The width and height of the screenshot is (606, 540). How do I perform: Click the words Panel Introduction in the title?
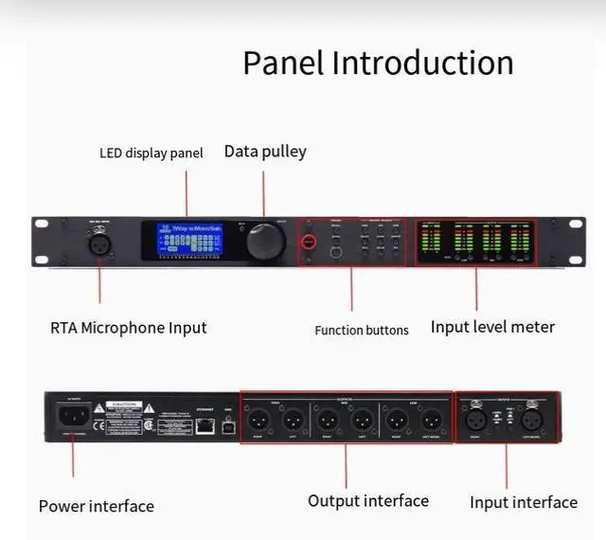pos(378,63)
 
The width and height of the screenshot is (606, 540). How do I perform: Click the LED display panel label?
pos(151,153)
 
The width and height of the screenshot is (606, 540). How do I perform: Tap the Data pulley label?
pos(265,152)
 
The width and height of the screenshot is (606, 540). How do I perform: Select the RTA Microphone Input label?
pos(129,328)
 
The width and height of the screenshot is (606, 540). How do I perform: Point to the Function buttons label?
pos(362,331)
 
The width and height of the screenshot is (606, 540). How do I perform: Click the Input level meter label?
pos(492,327)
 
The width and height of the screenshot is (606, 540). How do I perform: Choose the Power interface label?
pos(97,506)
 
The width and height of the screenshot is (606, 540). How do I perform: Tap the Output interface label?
pos(368,500)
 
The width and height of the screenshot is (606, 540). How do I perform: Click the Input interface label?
pos(524,502)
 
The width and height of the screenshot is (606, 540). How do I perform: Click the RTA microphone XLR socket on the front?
pos(99,243)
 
